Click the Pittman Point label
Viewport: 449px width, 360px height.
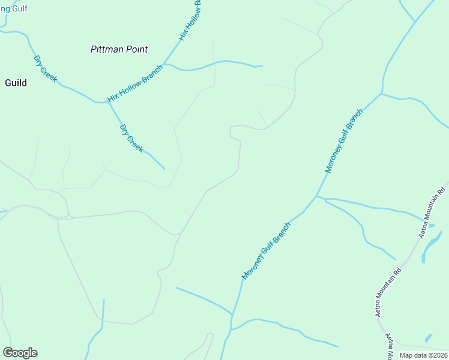(x=119, y=49)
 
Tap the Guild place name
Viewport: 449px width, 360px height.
(x=16, y=83)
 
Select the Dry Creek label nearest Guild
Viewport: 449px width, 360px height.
(x=45, y=69)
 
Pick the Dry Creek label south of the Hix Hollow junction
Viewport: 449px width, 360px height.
(x=131, y=139)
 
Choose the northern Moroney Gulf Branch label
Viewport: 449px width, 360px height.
(x=344, y=141)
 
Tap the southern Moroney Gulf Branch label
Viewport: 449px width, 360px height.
(x=267, y=250)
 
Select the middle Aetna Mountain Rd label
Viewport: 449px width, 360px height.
(x=388, y=292)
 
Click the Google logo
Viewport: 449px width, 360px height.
(x=20, y=353)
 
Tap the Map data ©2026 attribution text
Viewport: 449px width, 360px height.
(x=423, y=355)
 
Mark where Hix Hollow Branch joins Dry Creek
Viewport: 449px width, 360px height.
(x=108, y=102)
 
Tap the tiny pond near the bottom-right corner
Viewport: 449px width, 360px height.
(x=428, y=338)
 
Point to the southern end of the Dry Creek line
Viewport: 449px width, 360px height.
(x=164, y=169)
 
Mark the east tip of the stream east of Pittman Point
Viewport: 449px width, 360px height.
(x=262, y=66)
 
